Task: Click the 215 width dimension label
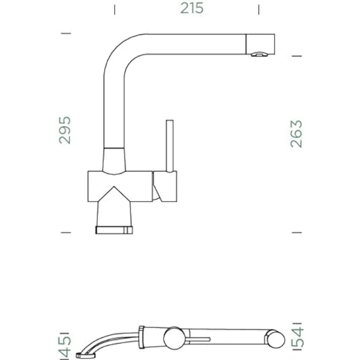click(x=192, y=8)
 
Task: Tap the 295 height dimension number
click(x=65, y=131)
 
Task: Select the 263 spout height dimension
click(x=296, y=134)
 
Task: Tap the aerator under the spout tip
click(x=259, y=54)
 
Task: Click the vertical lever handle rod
click(x=170, y=146)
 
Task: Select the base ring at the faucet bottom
click(x=114, y=230)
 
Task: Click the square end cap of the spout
click(x=260, y=44)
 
